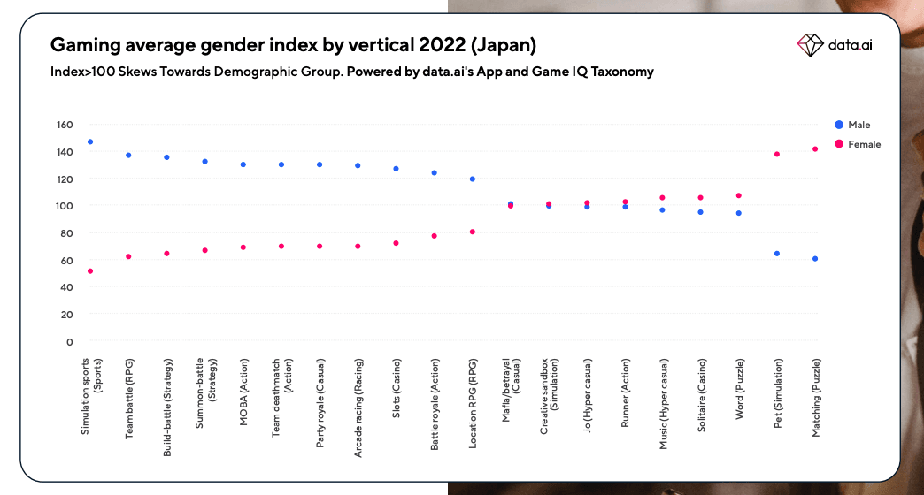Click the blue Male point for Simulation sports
pyautogui.click(x=90, y=141)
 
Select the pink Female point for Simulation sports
pyautogui.click(x=90, y=271)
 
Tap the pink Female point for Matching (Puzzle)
pyautogui.click(x=815, y=149)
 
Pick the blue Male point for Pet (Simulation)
pyautogui.click(x=777, y=254)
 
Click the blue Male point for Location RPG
pyautogui.click(x=473, y=179)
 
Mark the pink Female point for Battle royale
pyautogui.click(x=435, y=236)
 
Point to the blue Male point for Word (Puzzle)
pyautogui.click(x=739, y=213)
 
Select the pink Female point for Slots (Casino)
pyautogui.click(x=396, y=243)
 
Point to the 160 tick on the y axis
pyautogui.click(x=64, y=125)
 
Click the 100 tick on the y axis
pyautogui.click(x=64, y=206)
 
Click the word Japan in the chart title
pyautogui.click(x=504, y=43)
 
